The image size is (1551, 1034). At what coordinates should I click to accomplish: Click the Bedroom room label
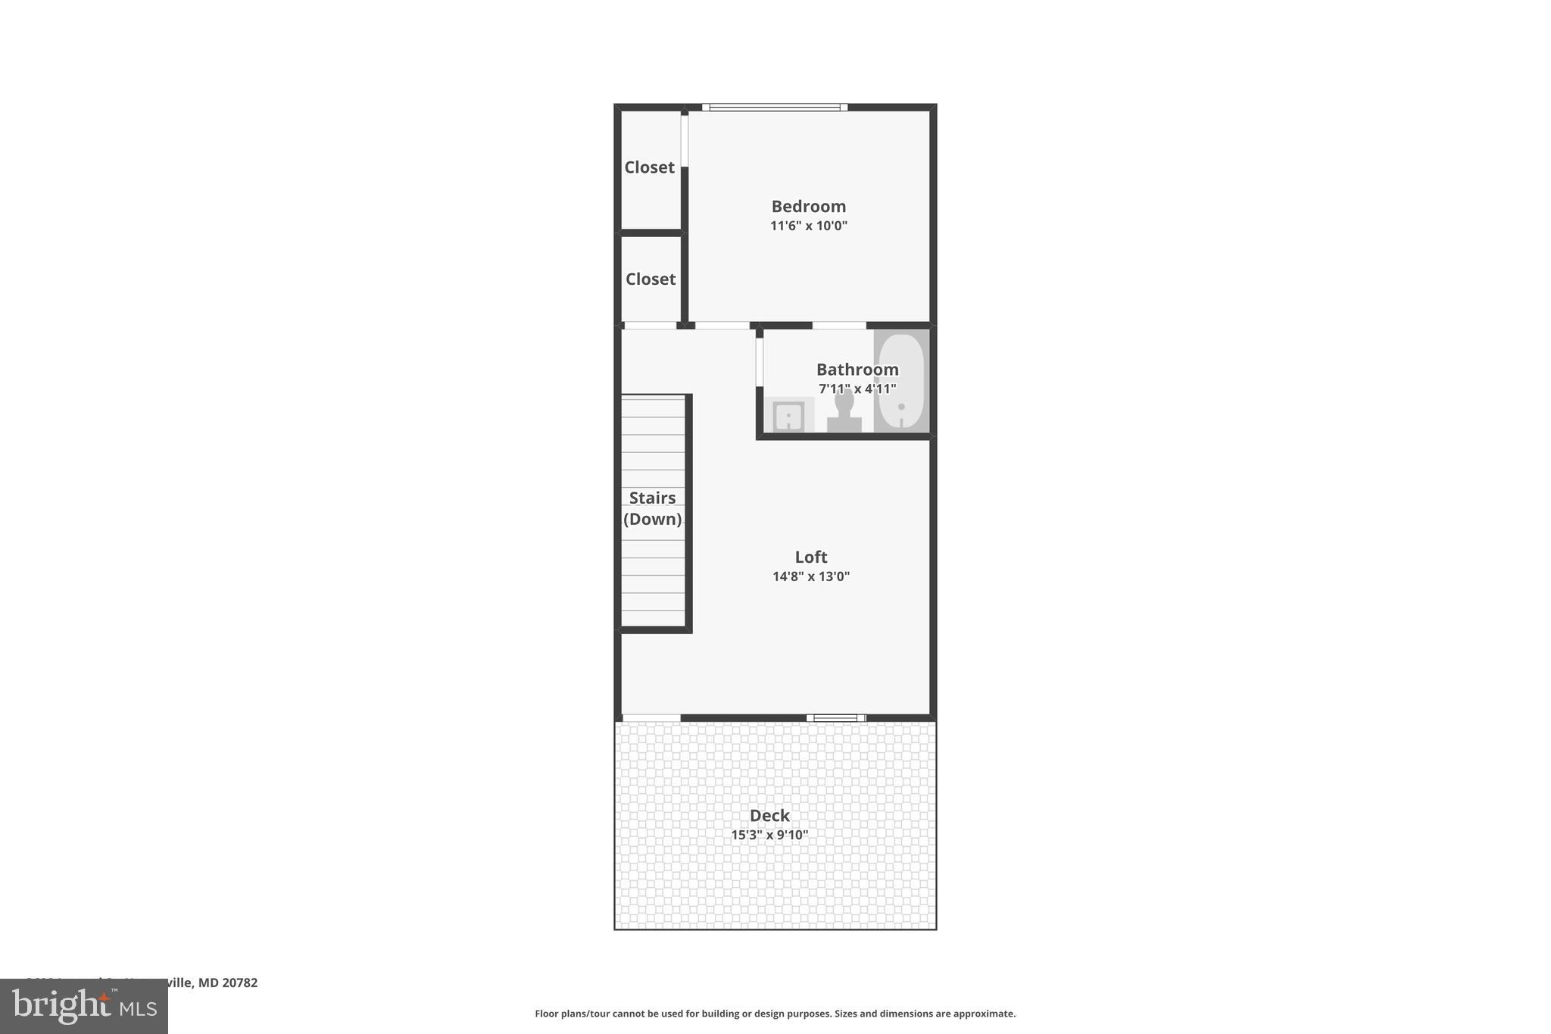point(808,206)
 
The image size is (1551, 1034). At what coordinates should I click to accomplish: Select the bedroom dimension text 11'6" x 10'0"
point(808,226)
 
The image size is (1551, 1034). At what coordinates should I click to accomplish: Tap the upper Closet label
point(649,167)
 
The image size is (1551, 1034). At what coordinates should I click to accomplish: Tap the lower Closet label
point(650,279)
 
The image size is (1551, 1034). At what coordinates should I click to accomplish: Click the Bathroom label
point(857,370)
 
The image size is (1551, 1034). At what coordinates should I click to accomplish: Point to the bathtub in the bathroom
point(901,382)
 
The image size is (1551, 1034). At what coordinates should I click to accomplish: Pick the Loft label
point(810,557)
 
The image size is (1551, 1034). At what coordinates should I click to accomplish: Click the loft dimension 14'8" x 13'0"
point(810,576)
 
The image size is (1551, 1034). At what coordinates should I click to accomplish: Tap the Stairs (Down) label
point(652,508)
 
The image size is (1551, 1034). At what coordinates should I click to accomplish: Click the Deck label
point(769,816)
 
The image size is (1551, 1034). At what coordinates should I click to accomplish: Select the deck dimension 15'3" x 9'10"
point(769,835)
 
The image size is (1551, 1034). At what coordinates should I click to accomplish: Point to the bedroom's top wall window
point(774,108)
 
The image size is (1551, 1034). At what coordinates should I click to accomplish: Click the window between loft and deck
point(835,717)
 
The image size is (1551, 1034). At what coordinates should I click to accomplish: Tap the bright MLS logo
point(84,1006)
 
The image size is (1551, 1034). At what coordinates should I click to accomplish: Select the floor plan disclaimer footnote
point(775,1014)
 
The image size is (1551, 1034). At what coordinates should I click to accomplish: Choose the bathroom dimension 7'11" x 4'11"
point(857,389)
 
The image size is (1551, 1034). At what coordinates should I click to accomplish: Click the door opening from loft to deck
point(651,717)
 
